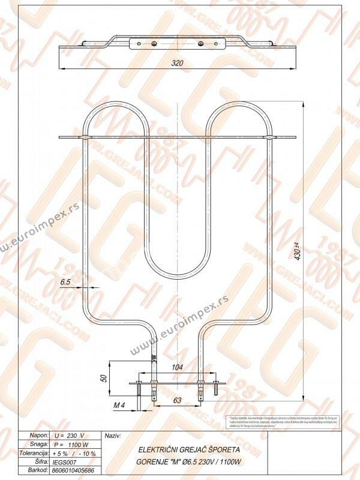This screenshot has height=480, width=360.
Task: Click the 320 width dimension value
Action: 176,63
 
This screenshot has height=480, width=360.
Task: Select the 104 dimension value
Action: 178,367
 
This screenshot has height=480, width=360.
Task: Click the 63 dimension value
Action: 178,399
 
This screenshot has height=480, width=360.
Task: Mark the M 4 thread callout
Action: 119,406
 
